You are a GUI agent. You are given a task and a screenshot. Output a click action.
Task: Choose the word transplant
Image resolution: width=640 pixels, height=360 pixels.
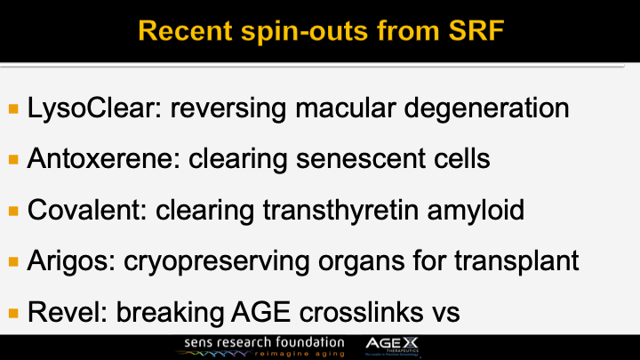pos(510,262)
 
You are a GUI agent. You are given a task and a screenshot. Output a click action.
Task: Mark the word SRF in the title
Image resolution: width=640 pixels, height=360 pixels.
pos(467,33)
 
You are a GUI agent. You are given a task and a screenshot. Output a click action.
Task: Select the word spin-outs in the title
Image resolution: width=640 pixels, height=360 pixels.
pos(285,33)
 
